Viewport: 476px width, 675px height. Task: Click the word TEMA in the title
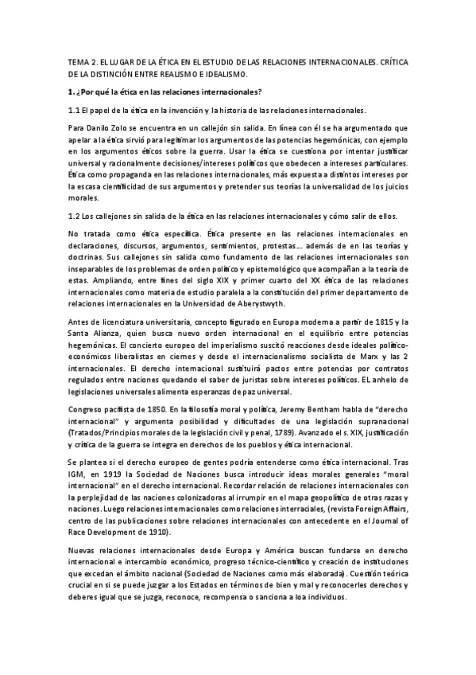pos(79,60)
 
